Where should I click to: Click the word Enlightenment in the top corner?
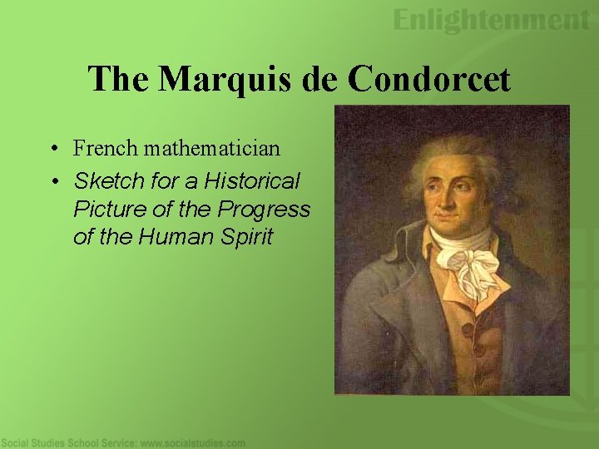(x=492, y=20)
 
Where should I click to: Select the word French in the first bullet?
(x=105, y=149)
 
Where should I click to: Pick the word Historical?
(x=253, y=180)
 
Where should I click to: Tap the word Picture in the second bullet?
(x=104, y=209)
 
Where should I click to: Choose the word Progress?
(x=265, y=209)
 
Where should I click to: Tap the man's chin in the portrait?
(x=454, y=234)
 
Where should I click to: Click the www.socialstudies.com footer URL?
(x=192, y=443)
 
